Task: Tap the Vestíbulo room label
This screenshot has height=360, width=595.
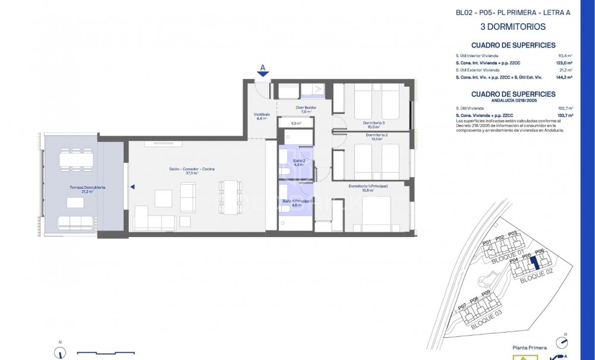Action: [x=262, y=115]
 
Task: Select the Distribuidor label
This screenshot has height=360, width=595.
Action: [x=306, y=108]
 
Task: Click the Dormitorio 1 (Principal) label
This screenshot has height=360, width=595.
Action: [x=369, y=187]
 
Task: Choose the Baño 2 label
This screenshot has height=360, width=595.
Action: [x=299, y=161]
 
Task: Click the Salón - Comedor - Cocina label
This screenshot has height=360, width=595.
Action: [x=191, y=169]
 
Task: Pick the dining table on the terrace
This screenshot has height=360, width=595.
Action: [x=75, y=160]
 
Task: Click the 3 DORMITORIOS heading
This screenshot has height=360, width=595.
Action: [x=513, y=27]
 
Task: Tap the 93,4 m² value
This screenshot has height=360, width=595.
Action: [x=565, y=55]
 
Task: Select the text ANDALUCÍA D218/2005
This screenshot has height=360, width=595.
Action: [x=513, y=101]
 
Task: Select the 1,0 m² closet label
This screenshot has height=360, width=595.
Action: [x=296, y=123]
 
